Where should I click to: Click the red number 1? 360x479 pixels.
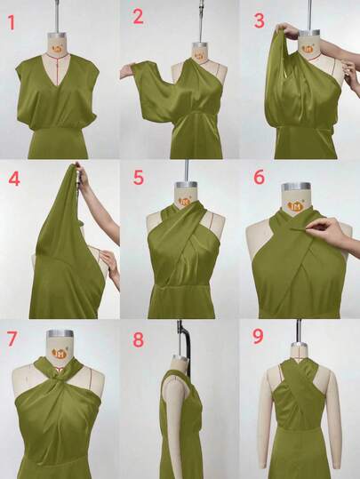[12, 22]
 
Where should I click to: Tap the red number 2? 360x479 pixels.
[138, 17]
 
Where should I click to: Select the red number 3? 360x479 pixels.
[259, 20]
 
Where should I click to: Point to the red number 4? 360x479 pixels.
[14, 179]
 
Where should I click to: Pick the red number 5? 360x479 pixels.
[138, 178]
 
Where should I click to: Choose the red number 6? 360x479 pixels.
[259, 177]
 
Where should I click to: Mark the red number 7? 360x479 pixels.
[12, 339]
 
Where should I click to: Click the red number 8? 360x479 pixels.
[138, 339]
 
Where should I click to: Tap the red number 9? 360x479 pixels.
[258, 336]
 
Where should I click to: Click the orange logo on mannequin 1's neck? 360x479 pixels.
[57, 48]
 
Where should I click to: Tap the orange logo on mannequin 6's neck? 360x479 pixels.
[295, 207]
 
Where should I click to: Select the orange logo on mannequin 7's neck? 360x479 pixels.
[60, 354]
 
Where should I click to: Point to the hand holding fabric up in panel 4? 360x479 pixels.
[82, 176]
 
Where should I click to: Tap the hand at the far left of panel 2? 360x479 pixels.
[126, 71]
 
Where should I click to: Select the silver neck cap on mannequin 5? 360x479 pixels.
[186, 186]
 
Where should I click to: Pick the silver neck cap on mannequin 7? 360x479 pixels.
[60, 333]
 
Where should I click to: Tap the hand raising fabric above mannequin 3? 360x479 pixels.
[286, 31]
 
